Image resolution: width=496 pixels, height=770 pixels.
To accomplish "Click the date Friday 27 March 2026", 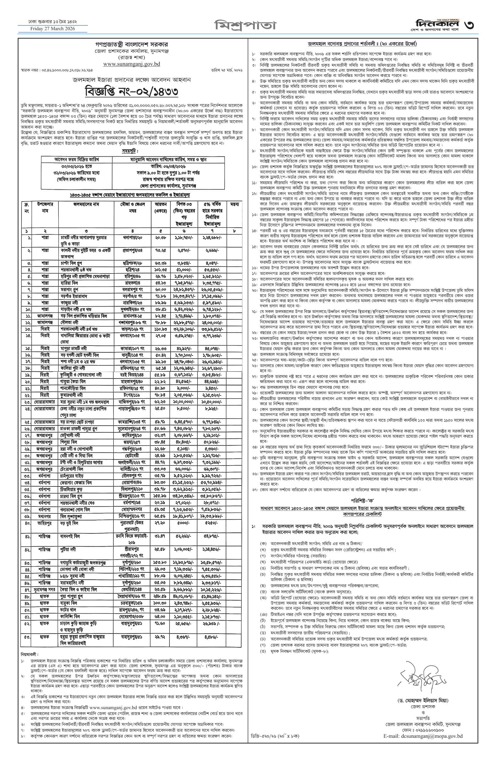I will click(x=53, y=29).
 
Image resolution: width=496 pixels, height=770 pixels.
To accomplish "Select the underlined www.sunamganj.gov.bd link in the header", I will click(x=132, y=64).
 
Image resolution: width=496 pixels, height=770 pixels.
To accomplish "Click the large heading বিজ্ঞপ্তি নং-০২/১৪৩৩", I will click(x=132, y=92).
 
